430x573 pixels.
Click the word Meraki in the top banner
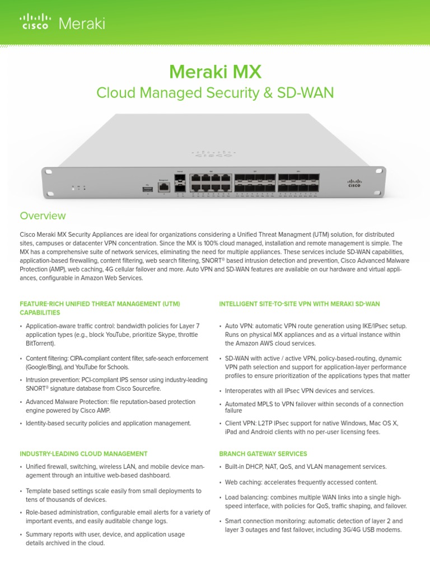(82, 24)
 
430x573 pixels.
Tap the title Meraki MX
(215, 71)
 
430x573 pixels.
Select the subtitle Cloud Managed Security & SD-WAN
(215, 92)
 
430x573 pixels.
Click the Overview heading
(43, 215)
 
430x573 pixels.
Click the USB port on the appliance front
(147, 189)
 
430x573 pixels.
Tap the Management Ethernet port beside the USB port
(164, 187)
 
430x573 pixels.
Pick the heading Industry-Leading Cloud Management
(83, 453)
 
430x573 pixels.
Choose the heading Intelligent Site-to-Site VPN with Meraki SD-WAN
(299, 303)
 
